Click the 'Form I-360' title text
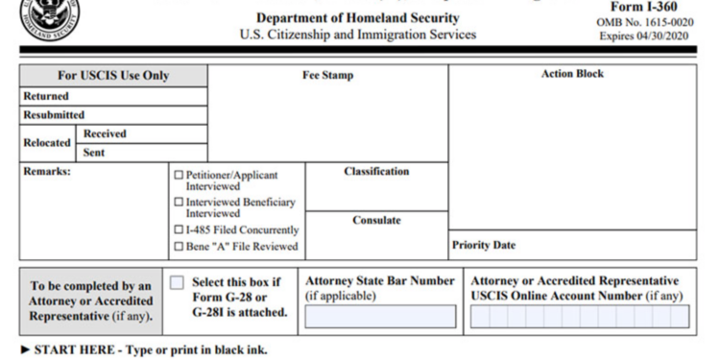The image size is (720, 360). click(x=643, y=7)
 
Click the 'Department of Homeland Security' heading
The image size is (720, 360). click(x=357, y=18)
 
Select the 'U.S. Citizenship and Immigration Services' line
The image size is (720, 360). click(x=357, y=35)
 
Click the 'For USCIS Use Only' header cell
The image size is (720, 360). click(x=113, y=76)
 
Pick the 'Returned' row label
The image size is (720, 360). click(x=46, y=96)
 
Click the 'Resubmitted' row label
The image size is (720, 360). click(x=54, y=115)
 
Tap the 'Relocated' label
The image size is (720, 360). click(x=47, y=142)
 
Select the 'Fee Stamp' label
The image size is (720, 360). click(x=327, y=75)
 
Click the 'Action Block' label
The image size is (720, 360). click(x=572, y=74)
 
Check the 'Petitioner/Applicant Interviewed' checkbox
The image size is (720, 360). click(x=179, y=176)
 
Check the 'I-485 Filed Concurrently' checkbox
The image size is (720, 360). click(x=179, y=230)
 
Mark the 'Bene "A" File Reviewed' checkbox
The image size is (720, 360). click(x=179, y=247)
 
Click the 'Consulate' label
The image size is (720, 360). click(x=376, y=220)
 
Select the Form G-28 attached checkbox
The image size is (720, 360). click(x=177, y=282)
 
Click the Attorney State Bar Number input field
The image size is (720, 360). click(x=380, y=317)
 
